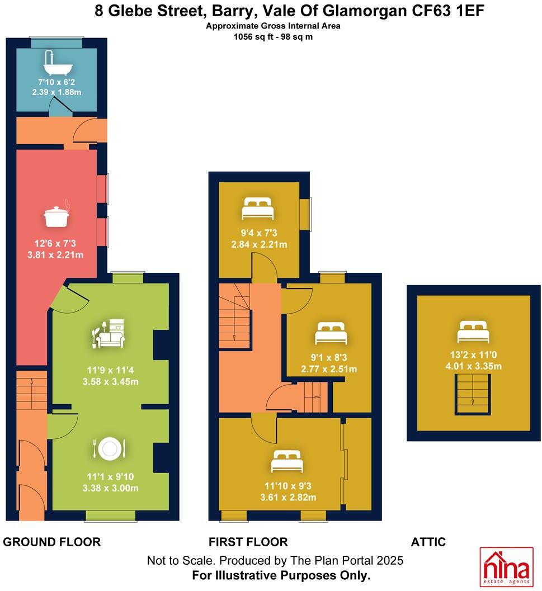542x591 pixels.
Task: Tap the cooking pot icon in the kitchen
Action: click(x=56, y=215)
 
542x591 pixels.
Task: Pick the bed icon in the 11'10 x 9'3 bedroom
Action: click(x=287, y=462)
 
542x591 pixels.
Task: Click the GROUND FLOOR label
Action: click(x=52, y=542)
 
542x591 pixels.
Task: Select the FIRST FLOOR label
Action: click(x=248, y=542)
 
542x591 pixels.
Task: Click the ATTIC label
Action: click(x=428, y=542)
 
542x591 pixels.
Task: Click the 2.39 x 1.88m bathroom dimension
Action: click(x=56, y=92)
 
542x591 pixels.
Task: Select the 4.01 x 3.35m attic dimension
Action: click(x=473, y=366)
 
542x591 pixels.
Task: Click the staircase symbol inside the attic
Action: click(x=473, y=395)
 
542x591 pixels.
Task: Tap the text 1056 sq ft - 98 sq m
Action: click(x=273, y=36)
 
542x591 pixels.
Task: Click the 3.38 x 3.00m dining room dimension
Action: click(x=109, y=488)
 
